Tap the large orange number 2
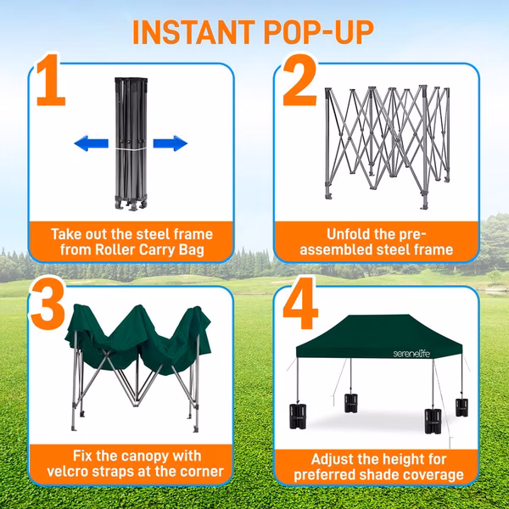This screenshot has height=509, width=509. (299, 81)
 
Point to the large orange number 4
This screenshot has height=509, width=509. (300, 304)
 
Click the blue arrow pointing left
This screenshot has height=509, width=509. (92, 143)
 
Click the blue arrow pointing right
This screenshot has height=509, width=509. (171, 143)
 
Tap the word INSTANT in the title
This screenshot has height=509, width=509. (193, 32)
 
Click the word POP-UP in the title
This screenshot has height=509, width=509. (318, 32)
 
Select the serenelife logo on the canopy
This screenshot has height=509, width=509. (411, 353)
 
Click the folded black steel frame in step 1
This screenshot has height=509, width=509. (131, 144)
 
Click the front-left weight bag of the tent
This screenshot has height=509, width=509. (298, 416)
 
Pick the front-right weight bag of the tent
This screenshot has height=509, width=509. (433, 421)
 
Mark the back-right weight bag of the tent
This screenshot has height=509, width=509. (461, 407)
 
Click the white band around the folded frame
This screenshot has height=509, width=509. (131, 148)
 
